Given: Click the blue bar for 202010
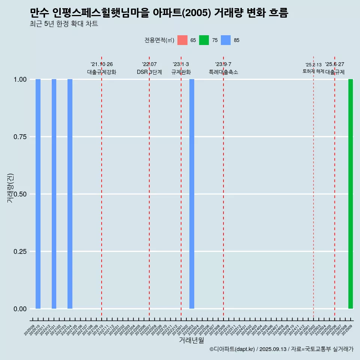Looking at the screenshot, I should (38, 194).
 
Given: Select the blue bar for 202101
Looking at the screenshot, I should (54, 194).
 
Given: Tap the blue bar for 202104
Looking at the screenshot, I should (70, 194).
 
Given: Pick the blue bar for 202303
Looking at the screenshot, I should (192, 194).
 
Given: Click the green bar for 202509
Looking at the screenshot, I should (351, 194).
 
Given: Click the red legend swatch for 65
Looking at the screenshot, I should (182, 40).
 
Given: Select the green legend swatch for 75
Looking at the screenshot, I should (204, 40).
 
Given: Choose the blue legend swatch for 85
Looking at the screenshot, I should (226, 40).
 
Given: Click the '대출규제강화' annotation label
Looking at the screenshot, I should (102, 72).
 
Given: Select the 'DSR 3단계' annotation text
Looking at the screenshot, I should (149, 72).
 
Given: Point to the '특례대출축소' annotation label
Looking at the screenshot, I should (223, 72).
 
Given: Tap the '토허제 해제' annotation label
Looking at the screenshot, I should (313, 71).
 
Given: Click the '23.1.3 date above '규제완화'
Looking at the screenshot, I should (181, 64).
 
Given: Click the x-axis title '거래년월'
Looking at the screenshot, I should (191, 340).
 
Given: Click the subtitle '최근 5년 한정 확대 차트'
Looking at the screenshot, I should (64, 24).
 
